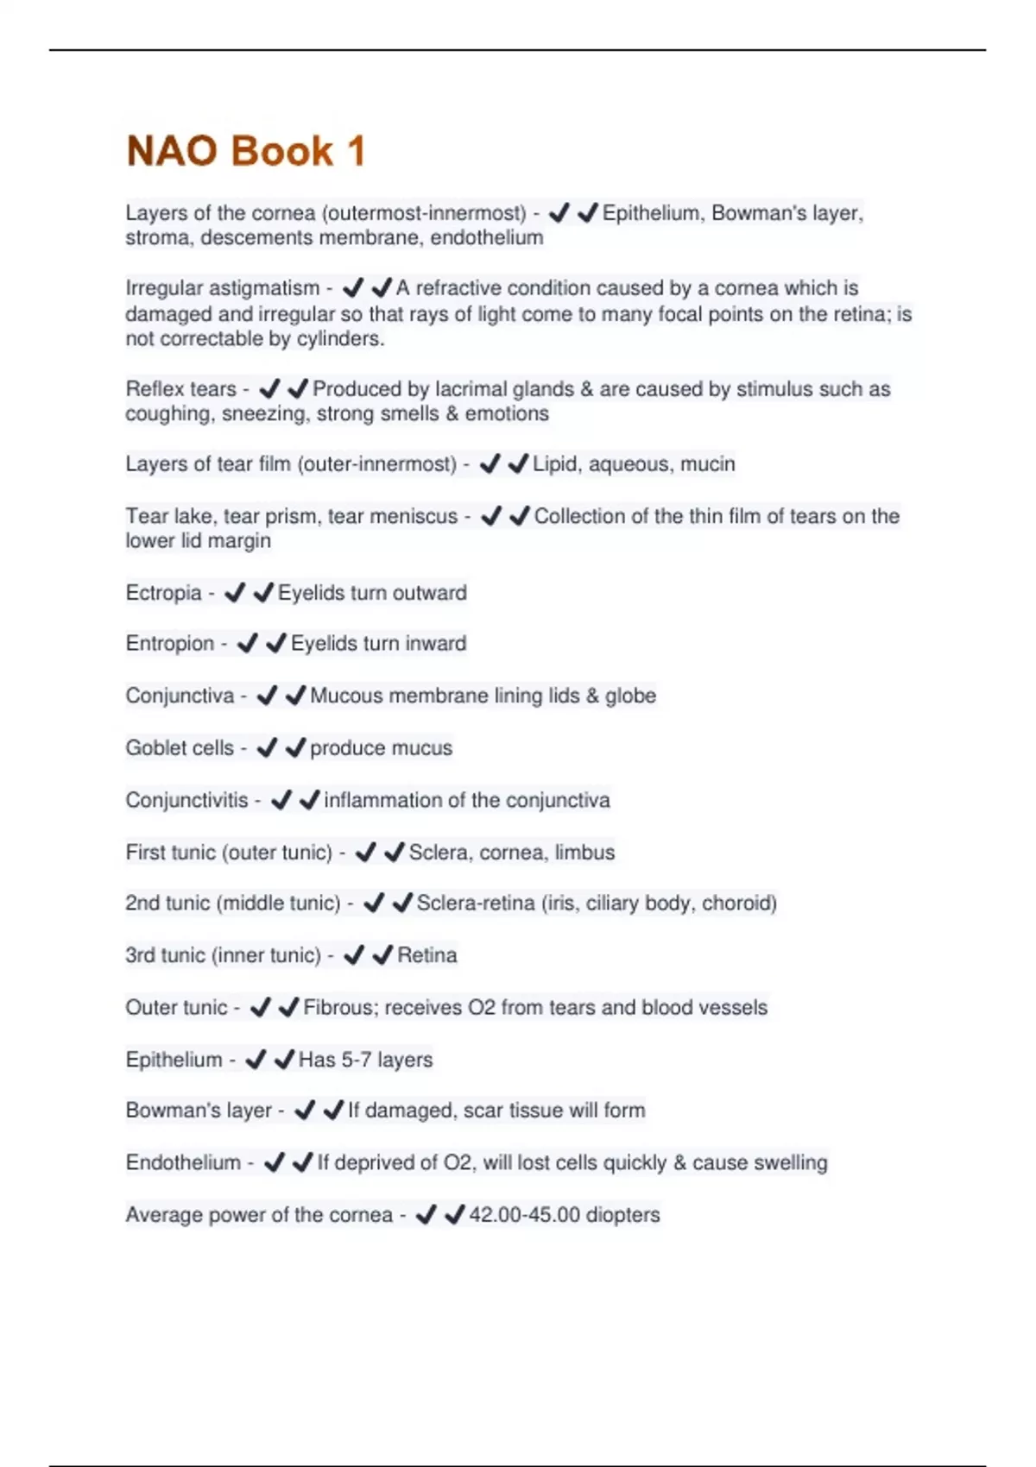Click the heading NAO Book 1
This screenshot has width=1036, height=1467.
246,151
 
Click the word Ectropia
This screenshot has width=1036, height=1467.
163,593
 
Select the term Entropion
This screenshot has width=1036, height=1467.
169,644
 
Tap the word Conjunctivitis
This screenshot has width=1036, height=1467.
186,800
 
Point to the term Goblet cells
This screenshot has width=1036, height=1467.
180,748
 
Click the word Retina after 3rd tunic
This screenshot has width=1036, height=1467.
427,955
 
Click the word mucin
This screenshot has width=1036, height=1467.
708,464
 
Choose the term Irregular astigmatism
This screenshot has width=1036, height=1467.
222,288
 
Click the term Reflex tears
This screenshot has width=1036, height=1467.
180,389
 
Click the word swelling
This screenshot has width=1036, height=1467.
790,1163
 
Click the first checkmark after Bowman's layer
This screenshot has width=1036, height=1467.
304,1111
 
